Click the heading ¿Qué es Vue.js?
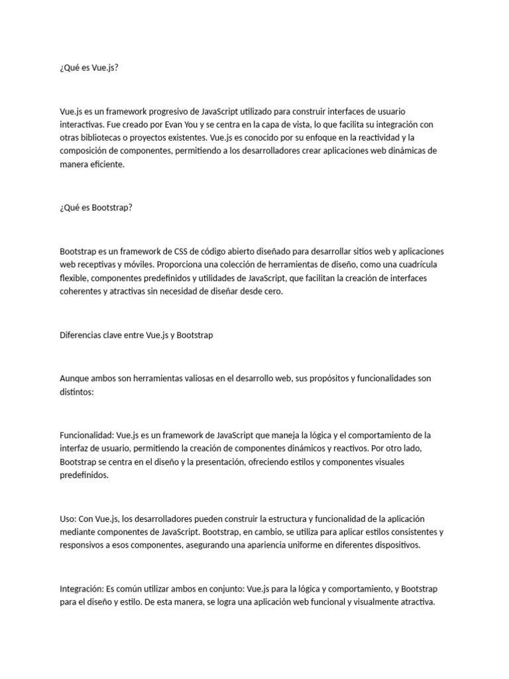(89, 68)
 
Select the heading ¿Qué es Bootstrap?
(96, 208)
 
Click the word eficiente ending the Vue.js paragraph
(106, 165)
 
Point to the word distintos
(77, 392)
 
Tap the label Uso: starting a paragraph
(68, 519)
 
